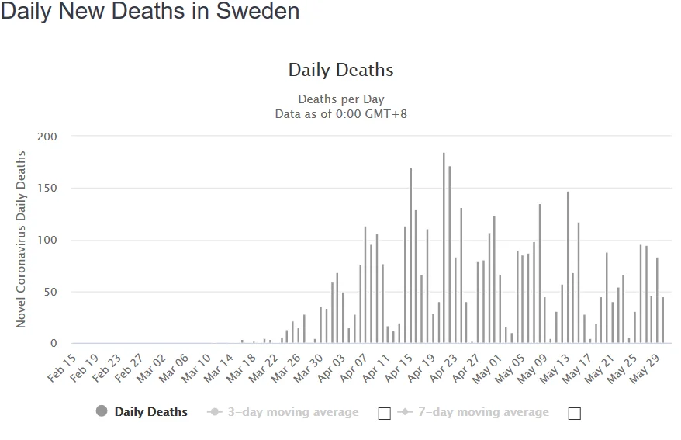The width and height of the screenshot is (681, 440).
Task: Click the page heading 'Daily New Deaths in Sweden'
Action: [150, 12]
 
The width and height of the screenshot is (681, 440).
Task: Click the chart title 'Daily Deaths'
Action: [340, 70]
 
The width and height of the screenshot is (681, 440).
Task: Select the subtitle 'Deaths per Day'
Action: [340, 99]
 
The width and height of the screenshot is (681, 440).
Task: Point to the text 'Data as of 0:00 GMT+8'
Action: [340, 113]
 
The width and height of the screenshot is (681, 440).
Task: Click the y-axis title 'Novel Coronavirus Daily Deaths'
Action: [21, 239]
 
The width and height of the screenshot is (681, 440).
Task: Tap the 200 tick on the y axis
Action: [48, 137]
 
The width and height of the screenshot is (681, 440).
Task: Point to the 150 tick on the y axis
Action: [48, 189]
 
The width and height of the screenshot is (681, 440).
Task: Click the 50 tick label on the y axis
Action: [51, 292]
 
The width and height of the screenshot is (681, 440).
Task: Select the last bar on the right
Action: [662, 320]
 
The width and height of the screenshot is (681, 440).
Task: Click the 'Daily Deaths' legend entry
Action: [150, 412]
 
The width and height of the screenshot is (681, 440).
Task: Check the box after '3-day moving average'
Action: [384, 414]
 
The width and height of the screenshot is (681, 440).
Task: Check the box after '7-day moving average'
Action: [574, 414]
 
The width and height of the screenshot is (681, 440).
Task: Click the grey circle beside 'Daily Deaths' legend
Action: [102, 411]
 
